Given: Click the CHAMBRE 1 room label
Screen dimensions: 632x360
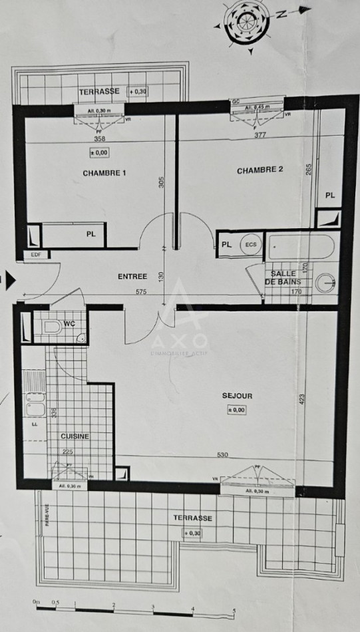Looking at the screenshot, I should tap(104, 173).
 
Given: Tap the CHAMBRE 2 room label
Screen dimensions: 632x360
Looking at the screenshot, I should tap(260, 170).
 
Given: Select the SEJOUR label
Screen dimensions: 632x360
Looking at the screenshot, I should tap(238, 396).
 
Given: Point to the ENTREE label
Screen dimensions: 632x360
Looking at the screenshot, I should tap(132, 276).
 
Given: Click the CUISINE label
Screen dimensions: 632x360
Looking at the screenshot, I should tap(75, 436).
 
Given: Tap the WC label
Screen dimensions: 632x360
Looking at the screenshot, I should tap(69, 324).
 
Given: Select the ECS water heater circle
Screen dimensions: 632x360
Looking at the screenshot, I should tap(250, 245).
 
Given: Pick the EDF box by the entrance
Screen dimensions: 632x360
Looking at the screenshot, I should tap(33, 254).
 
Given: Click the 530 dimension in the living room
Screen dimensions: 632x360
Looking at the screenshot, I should tap(222, 455).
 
